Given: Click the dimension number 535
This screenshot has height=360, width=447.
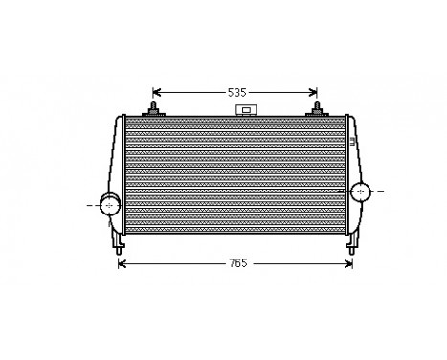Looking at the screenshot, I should pos(236,93).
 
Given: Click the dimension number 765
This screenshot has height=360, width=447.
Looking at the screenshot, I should pos(235,262).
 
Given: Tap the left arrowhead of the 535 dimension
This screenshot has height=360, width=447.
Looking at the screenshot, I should pos(157,93).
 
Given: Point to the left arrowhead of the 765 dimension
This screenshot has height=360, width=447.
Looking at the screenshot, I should pos(122,262).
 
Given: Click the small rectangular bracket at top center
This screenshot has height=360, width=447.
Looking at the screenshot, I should pos(246,111).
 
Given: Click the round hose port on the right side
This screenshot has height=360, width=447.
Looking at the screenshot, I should pos(361,191).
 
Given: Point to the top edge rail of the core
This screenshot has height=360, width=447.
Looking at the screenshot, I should pos(235,118).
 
